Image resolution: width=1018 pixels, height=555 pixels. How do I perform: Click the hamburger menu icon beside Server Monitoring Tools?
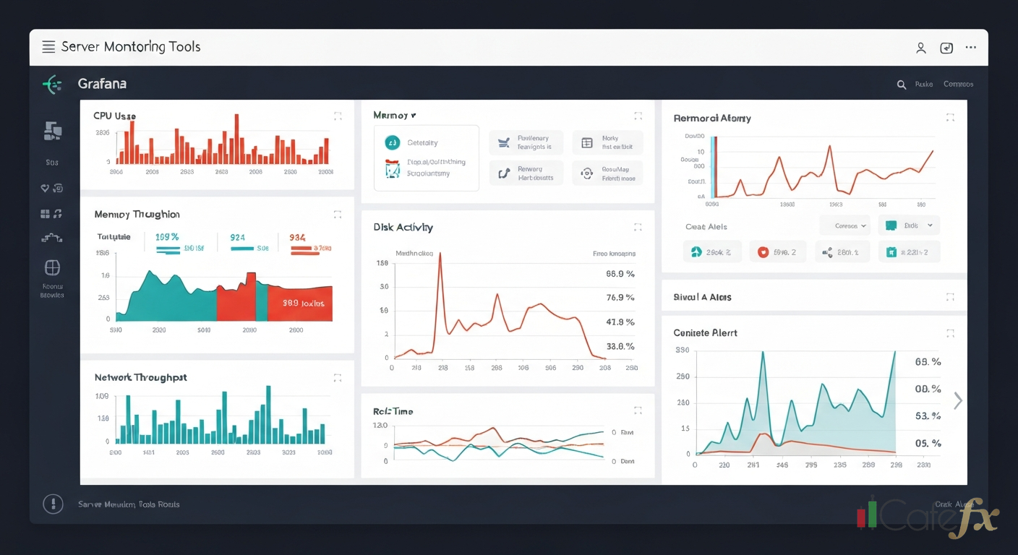(48, 47)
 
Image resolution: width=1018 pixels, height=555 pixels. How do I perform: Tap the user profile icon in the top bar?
(920, 48)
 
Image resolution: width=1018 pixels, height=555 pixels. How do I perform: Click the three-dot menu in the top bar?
(971, 48)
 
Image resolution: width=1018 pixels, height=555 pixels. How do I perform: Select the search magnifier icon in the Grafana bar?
(902, 85)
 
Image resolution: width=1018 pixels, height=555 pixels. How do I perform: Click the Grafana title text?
(102, 84)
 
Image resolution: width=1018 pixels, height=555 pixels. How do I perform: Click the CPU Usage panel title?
(114, 116)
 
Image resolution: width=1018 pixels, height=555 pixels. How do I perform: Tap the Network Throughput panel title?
(140, 377)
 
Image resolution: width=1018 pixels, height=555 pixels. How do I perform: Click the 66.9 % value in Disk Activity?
(620, 274)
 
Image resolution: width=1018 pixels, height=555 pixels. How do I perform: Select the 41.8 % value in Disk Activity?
(620, 322)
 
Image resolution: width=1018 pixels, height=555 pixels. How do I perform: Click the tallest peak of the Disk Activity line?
(440, 254)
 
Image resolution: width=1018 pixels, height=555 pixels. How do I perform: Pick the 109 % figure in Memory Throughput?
(166, 237)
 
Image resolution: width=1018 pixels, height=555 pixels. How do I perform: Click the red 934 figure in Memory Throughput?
(297, 237)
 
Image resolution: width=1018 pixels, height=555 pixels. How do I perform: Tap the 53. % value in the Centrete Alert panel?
(928, 416)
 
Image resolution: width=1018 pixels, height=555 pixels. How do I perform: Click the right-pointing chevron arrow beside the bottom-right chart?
(958, 400)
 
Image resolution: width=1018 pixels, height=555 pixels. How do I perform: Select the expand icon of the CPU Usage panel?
(338, 116)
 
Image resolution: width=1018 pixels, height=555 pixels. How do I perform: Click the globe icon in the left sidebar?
(52, 268)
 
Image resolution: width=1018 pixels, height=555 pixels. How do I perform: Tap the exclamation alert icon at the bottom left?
(53, 504)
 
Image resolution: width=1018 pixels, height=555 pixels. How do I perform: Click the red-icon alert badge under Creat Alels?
(777, 252)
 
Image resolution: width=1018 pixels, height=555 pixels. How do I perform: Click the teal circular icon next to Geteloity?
(392, 142)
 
